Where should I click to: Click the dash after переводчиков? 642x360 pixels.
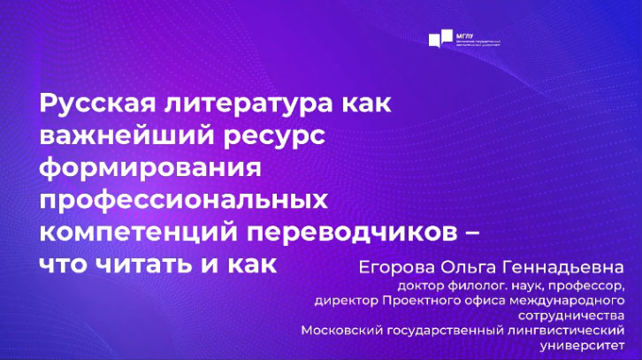[470, 232]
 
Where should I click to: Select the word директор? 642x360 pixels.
[347, 301]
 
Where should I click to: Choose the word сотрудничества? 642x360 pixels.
[579, 316]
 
